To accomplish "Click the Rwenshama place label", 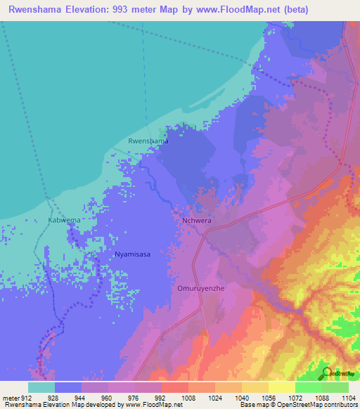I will pyautogui.click(x=148, y=141).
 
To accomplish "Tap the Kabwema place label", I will pyautogui.click(x=64, y=220).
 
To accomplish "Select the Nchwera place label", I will pyautogui.click(x=197, y=220).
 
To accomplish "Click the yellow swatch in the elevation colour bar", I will pyautogui.click(x=282, y=387).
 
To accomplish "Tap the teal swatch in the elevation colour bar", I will pyautogui.click(x=41, y=387).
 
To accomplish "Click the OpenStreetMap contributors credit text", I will pyautogui.click(x=317, y=404).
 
